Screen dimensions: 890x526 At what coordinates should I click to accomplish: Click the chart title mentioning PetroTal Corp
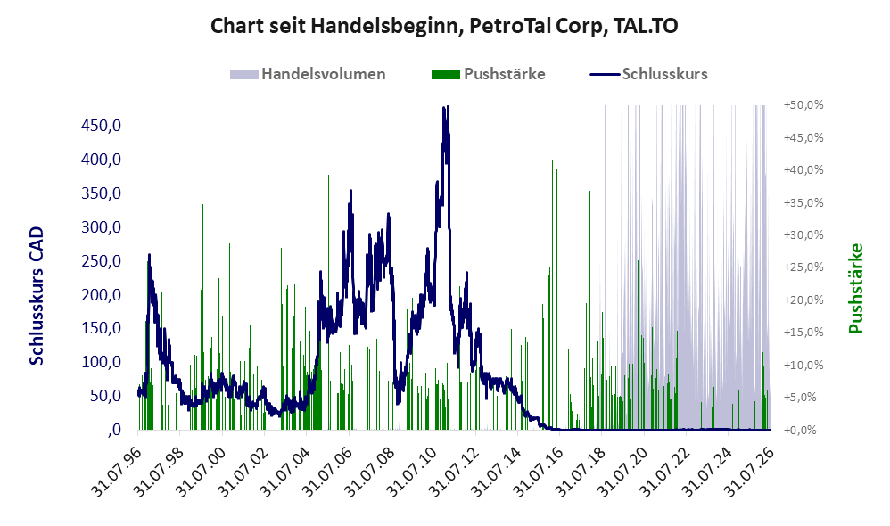[x=444, y=26]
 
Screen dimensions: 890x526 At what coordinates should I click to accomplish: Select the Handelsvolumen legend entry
[x=308, y=74]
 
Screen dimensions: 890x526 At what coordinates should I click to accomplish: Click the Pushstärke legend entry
[x=488, y=74]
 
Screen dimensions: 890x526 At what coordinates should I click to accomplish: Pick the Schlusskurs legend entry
[x=648, y=74]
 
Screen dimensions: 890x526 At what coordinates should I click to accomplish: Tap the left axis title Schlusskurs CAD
[x=37, y=296]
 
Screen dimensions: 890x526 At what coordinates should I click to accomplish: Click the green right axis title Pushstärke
[x=855, y=288]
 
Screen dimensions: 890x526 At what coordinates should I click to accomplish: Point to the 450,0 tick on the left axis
[x=101, y=126]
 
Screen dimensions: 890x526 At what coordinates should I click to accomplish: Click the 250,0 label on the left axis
[x=101, y=261]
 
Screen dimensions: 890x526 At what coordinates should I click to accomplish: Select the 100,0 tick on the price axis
[x=101, y=362]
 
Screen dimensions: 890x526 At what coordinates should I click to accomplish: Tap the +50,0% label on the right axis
[x=803, y=105]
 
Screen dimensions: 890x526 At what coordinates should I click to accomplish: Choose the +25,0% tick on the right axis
[x=803, y=267]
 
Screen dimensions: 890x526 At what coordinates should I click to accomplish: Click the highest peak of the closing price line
[x=446, y=107]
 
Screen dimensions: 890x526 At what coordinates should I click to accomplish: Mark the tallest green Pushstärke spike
[x=573, y=111]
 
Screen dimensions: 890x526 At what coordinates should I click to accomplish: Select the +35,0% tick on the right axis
[x=803, y=202]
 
